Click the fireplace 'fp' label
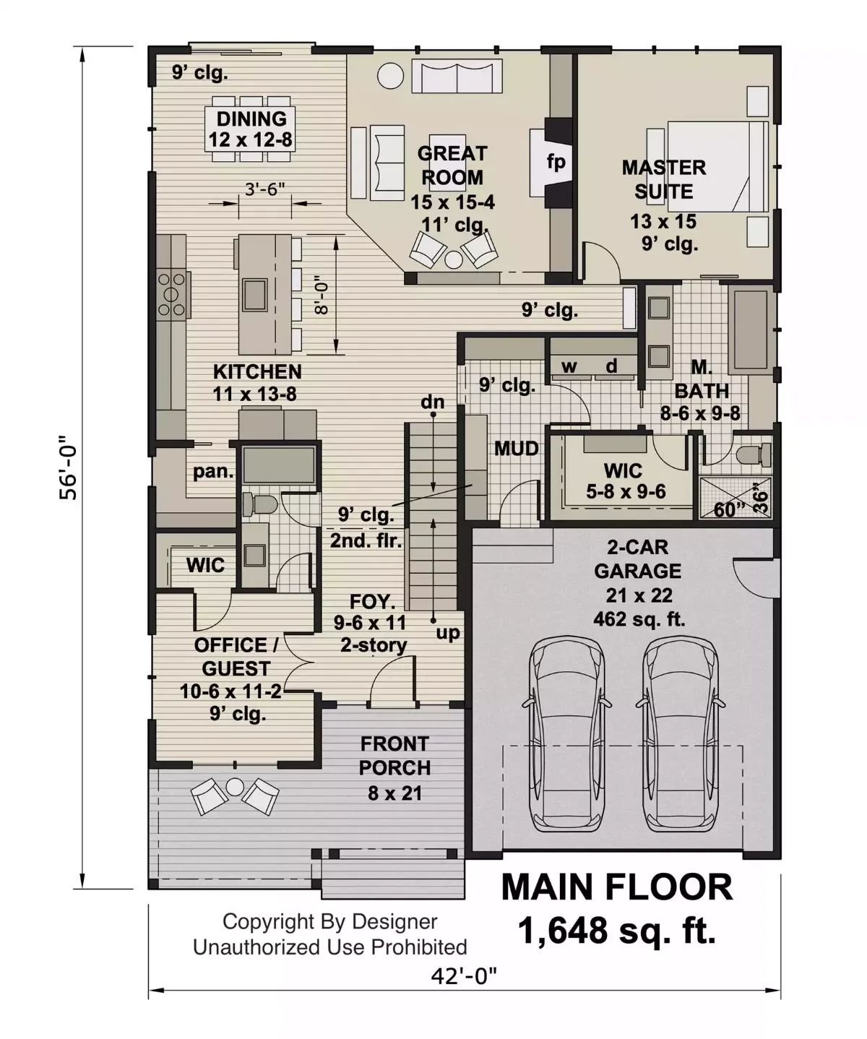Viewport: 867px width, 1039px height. click(x=556, y=162)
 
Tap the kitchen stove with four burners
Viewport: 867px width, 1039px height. click(x=172, y=293)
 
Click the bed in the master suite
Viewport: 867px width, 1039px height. click(x=718, y=166)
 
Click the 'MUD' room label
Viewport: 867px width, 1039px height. click(x=516, y=449)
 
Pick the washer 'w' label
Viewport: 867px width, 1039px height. click(x=569, y=366)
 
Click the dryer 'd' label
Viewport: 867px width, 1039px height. click(x=611, y=366)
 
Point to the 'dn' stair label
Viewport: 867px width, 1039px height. click(x=433, y=402)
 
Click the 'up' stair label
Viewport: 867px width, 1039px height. click(x=448, y=633)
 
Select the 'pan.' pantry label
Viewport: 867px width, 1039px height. click(x=213, y=472)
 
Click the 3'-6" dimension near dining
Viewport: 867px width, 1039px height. click(x=264, y=189)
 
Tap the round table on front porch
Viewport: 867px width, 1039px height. click(x=236, y=787)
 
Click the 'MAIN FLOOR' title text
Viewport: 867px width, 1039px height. click(x=616, y=887)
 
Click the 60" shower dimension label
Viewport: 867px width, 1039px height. click(x=729, y=509)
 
